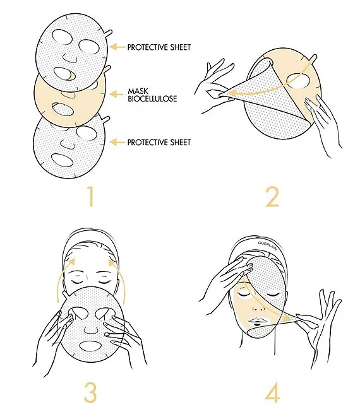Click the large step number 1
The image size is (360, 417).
(91, 196)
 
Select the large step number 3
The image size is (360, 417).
(90, 392)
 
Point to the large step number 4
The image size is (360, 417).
(272, 392)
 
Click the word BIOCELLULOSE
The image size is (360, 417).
(152, 98)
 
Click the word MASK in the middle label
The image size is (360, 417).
(138, 91)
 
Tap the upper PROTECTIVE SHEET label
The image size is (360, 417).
(159, 47)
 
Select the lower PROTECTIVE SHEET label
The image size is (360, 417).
(159, 143)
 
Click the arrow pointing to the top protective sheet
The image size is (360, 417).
(117, 47)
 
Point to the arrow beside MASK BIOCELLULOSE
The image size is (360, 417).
(117, 94)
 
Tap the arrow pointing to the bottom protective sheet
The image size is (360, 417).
(117, 143)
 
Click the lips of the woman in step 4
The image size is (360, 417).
(256, 322)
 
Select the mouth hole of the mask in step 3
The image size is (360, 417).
(90, 346)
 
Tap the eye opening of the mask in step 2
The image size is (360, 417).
(298, 81)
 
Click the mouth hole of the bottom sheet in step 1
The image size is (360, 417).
(63, 160)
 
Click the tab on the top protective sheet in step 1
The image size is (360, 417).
(108, 33)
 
